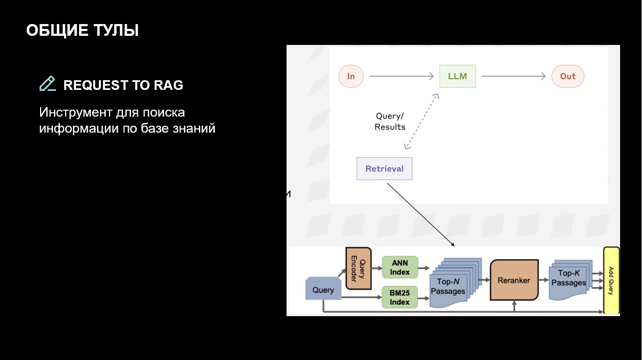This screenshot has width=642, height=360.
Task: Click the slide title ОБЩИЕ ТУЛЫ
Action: [x=82, y=30]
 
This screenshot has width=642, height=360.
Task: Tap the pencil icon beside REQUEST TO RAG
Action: [x=48, y=84]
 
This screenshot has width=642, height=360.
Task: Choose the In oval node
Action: [x=351, y=76]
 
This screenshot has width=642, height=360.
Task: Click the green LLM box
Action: [x=457, y=76]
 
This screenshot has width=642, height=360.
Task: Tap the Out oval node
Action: [x=568, y=76]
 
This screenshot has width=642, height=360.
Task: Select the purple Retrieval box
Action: [x=384, y=168]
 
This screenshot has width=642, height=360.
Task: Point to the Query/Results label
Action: [x=390, y=121]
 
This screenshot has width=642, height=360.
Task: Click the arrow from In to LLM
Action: [x=401, y=76]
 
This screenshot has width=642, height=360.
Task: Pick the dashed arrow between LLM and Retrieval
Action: [x=422, y=120]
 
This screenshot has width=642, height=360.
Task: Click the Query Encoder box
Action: [x=358, y=268]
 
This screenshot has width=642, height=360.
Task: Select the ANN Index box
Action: [x=400, y=267]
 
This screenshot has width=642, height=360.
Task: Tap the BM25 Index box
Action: [x=400, y=297]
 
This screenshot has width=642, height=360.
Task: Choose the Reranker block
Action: [x=514, y=280]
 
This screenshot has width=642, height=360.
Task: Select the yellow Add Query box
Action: [x=610, y=280]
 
